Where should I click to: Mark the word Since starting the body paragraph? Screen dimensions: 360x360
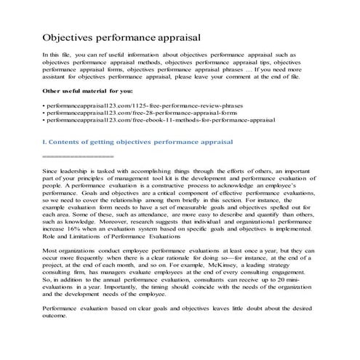52,170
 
